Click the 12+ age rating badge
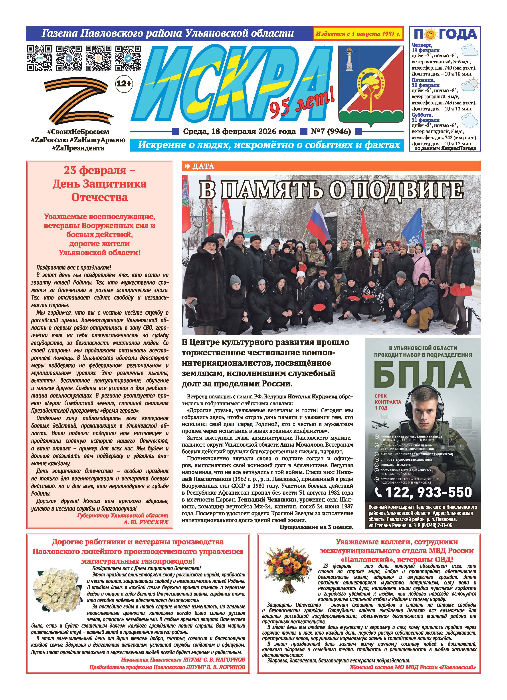[124, 83]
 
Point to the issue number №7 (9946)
[331, 132]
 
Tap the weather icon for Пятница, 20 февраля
[470, 85]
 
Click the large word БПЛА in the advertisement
[422, 375]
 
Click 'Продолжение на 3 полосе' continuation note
[316, 527]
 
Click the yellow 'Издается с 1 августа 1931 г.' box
[358, 34]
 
